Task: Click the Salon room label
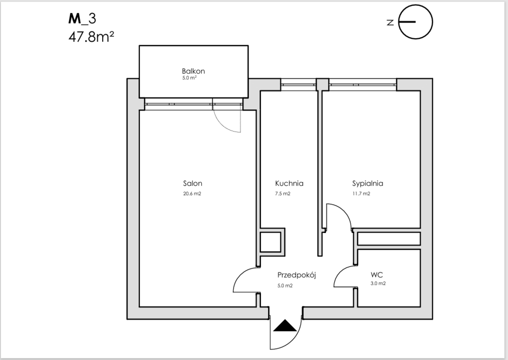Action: (192, 183)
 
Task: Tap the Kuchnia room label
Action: (289, 183)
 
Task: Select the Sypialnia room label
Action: (368, 184)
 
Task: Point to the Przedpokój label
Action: (297, 275)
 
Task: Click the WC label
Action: (377, 275)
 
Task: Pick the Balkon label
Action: (193, 71)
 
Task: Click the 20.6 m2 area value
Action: (192, 194)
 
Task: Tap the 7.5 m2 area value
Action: (282, 194)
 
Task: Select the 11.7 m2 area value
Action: (361, 194)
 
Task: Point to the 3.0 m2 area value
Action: (378, 283)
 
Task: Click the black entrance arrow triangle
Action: (285, 325)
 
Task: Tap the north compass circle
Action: (415, 22)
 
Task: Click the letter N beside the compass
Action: (390, 22)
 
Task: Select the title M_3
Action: (82, 19)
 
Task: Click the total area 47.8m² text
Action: (91, 37)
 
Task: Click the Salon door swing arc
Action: (246, 280)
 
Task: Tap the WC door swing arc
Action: (345, 277)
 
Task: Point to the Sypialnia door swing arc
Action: (339, 216)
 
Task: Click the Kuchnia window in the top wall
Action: (298, 85)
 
